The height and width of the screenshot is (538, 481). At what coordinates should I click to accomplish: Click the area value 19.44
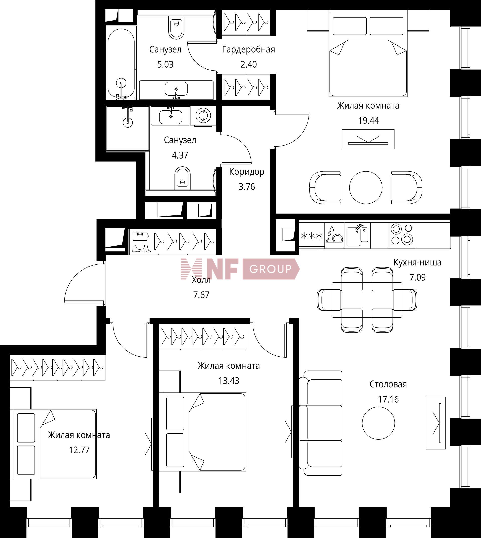369,121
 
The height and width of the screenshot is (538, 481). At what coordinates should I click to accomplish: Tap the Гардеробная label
249,49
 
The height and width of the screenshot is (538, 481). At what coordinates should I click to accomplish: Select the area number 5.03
165,64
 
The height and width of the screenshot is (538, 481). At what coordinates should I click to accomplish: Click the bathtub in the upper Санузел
121,63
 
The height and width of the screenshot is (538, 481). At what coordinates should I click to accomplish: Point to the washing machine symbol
203,115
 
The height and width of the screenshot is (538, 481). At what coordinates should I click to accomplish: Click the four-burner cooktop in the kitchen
401,234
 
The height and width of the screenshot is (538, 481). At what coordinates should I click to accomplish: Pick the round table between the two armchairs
366,187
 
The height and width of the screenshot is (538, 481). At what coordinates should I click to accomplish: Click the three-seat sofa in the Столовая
320,423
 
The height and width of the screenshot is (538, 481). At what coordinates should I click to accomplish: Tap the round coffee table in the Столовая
379,423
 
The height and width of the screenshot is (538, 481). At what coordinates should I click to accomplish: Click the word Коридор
247,172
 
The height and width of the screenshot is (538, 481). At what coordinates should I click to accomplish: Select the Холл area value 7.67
201,295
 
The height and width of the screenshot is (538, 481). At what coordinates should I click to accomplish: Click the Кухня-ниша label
417,263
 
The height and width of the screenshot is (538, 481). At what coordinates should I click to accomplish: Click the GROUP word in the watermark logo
270,269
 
